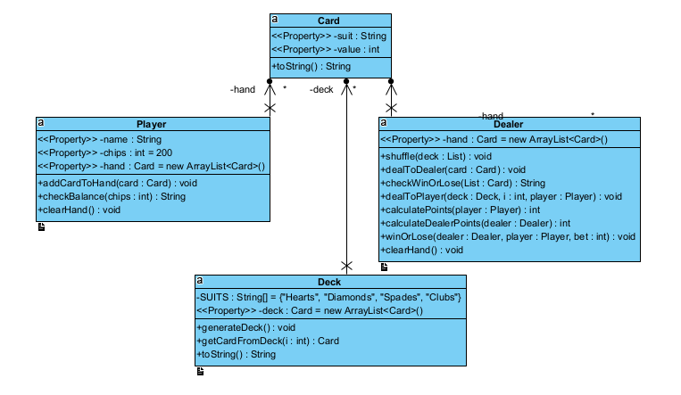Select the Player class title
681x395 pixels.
point(151,124)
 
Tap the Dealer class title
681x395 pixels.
point(508,124)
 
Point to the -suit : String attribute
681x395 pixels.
point(328,37)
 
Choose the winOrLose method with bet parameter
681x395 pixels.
point(507,236)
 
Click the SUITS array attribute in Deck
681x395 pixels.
point(328,297)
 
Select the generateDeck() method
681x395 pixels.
point(245,327)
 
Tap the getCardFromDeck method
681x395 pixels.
point(267,341)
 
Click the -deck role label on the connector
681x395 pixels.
point(322,89)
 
